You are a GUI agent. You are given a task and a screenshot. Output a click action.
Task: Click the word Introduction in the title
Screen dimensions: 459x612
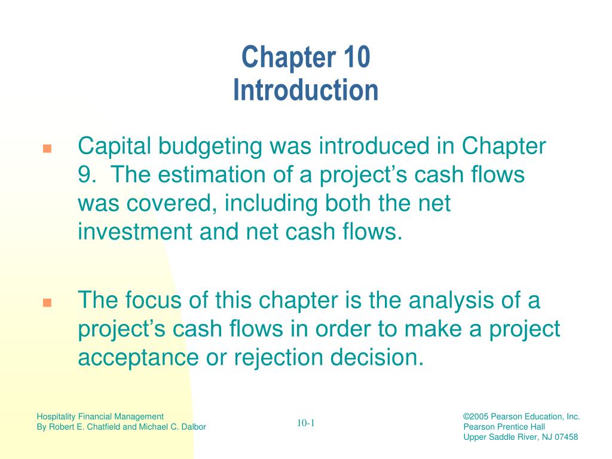(x=305, y=90)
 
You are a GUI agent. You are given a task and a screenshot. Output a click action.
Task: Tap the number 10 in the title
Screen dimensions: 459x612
(x=357, y=57)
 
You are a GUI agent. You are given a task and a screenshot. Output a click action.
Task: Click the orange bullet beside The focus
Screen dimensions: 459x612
(x=47, y=302)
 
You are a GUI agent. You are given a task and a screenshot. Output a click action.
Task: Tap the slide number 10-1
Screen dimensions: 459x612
(x=305, y=424)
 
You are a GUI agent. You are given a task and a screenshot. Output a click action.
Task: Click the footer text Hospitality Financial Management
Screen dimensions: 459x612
(x=100, y=417)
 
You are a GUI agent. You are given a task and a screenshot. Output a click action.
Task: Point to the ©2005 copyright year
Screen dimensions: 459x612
(x=476, y=417)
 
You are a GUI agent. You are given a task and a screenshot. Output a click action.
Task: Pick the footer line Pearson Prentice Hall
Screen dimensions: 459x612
(x=504, y=427)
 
